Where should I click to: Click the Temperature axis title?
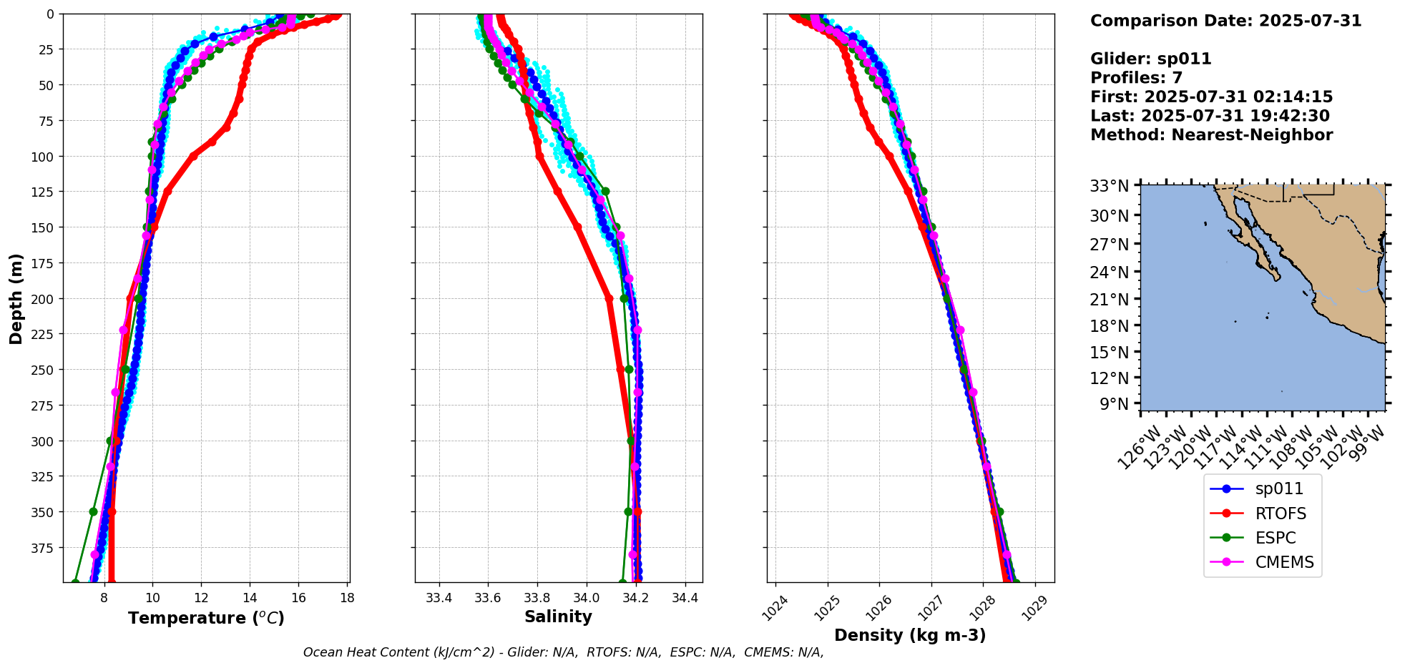pyautogui.click(x=206, y=618)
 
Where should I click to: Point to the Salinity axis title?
pyautogui.click(x=558, y=617)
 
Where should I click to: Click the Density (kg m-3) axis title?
pyautogui.click(x=910, y=635)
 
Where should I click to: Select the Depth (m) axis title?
pyautogui.click(x=16, y=298)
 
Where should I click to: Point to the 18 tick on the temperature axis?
pyautogui.click(x=347, y=598)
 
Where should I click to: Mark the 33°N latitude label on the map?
pyautogui.click(x=1109, y=187)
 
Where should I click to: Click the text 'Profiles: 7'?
pyautogui.click(x=1136, y=78)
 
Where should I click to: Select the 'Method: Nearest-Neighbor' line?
pyautogui.click(x=1211, y=135)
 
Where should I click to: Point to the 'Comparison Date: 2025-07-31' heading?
pyautogui.click(x=1225, y=21)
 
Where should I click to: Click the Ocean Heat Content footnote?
pyautogui.click(x=563, y=652)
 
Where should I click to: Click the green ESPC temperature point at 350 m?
pyautogui.click(x=93, y=512)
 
